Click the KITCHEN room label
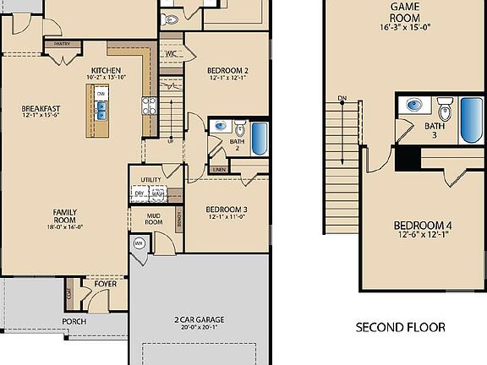(x=106, y=71)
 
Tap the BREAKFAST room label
(x=41, y=108)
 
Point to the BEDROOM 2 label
(x=227, y=71)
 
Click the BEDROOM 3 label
(x=227, y=210)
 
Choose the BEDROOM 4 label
(x=423, y=226)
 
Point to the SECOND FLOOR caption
(x=400, y=327)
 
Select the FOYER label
(x=105, y=284)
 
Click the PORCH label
(x=74, y=322)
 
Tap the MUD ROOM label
(x=153, y=218)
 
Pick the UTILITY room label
(x=150, y=180)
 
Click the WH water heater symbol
(x=139, y=244)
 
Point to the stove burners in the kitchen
(x=150, y=106)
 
